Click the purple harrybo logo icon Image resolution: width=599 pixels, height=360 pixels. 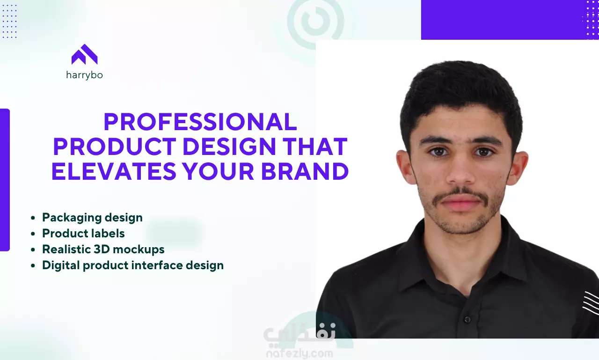(85, 54)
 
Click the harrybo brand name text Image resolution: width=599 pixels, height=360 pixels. (85, 75)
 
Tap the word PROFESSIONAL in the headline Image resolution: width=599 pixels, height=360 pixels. (200, 122)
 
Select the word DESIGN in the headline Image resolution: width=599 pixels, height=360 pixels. (229, 147)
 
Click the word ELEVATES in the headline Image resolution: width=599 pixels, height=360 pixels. (114, 171)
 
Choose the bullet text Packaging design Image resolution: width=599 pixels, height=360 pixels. (92, 218)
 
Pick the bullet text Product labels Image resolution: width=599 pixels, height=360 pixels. (83, 234)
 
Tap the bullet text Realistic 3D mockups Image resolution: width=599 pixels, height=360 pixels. (103, 250)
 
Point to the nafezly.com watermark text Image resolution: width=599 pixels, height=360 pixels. (299, 353)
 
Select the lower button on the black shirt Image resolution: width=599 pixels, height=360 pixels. (467, 319)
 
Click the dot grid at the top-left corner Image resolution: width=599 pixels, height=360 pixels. (10, 21)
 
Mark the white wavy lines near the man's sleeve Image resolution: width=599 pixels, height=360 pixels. (591, 303)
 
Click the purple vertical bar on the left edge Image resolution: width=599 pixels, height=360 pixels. (5, 180)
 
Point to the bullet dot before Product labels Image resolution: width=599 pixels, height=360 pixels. (33, 234)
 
